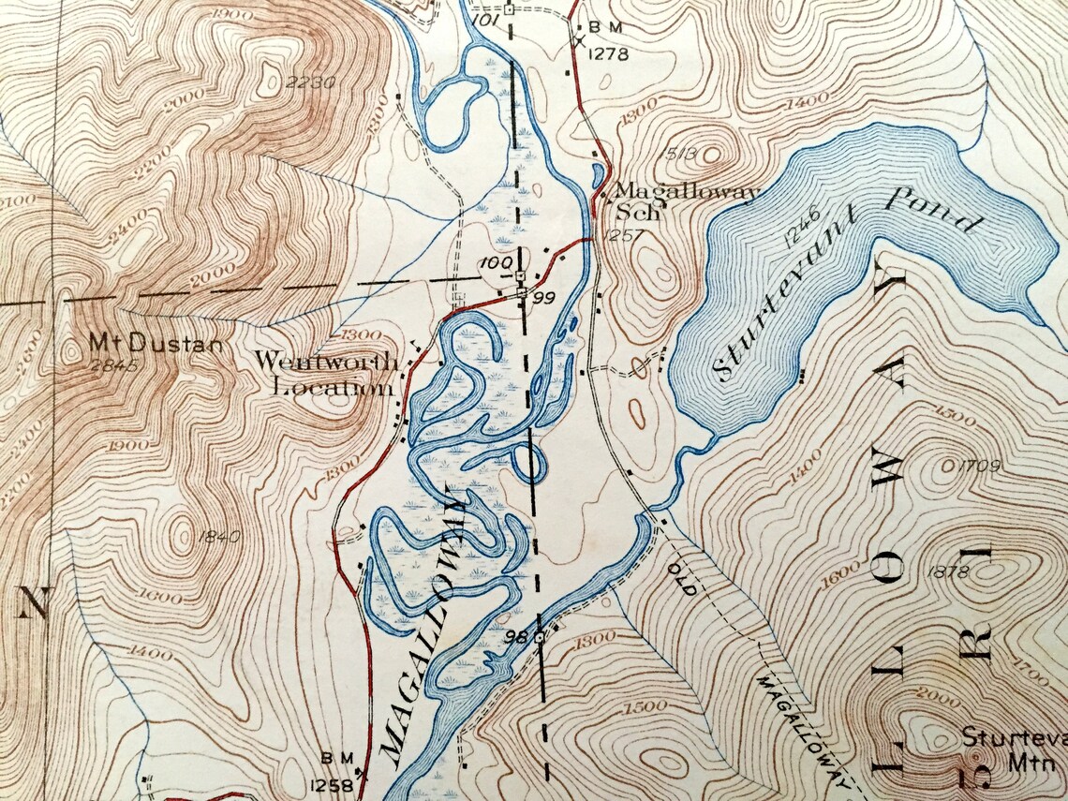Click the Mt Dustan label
[x=156, y=343]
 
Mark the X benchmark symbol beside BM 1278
[x=580, y=40]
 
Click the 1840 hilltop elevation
[x=220, y=537]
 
